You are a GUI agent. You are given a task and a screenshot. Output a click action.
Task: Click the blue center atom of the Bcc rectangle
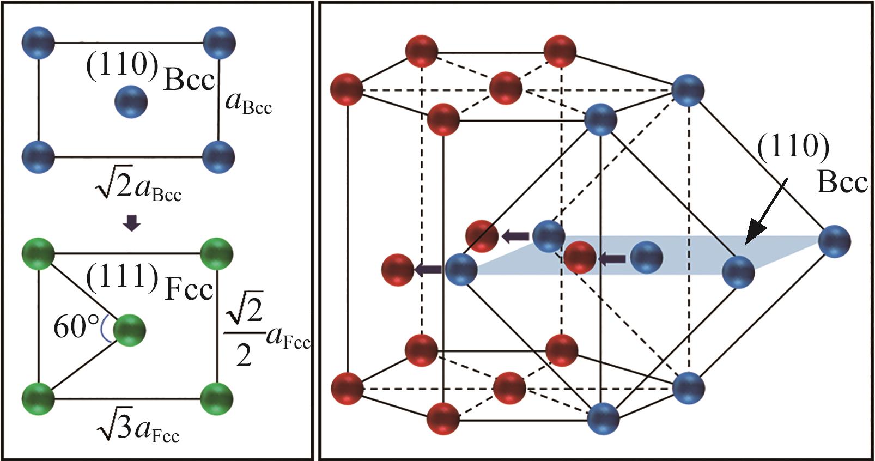[x=131, y=101]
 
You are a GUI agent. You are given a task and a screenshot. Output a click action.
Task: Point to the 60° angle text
[x=75, y=328]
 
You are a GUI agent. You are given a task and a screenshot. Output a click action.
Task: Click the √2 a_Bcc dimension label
[x=138, y=189]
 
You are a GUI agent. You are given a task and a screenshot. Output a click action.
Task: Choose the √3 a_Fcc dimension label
[x=138, y=428]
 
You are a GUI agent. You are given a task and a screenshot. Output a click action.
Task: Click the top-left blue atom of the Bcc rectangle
[x=39, y=43]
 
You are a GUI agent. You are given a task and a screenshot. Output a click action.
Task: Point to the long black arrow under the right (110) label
[x=765, y=212]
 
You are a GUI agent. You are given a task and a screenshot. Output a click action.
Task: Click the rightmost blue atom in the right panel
[x=834, y=242]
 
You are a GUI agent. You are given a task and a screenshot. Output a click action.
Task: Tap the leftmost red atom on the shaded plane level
[x=397, y=270]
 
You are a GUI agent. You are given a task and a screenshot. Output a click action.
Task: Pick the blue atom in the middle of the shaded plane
[x=646, y=258]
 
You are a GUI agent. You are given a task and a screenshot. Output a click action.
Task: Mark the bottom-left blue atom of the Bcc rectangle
[x=38, y=157]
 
